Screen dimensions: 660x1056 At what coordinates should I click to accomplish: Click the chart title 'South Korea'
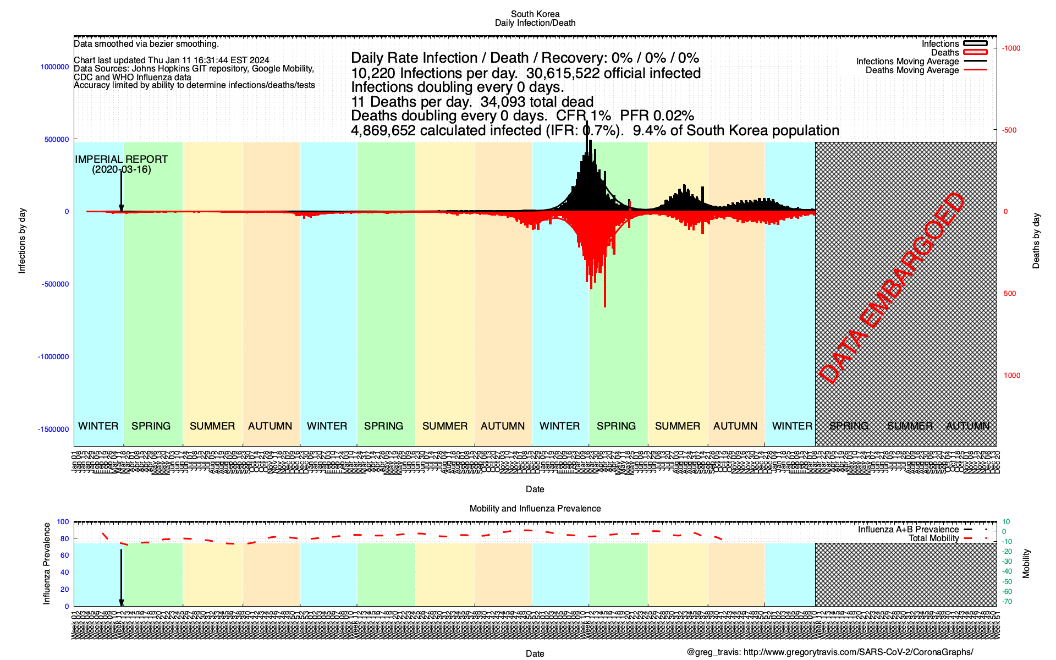click(x=535, y=14)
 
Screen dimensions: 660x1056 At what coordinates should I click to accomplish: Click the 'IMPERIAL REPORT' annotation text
click(x=122, y=159)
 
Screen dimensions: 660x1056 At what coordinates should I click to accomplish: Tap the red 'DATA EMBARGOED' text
click(x=892, y=288)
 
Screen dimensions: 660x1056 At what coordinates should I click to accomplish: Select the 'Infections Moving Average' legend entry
click(x=907, y=62)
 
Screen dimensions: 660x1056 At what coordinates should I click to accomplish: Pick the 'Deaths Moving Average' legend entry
click(x=912, y=70)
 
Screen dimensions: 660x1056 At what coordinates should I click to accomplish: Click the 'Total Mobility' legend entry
click(x=933, y=538)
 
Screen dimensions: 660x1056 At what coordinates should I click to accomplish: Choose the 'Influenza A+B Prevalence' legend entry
click(x=908, y=530)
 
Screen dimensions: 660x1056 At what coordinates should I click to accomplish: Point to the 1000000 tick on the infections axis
click(x=54, y=67)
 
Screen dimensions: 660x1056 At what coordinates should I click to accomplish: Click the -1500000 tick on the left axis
click(x=53, y=430)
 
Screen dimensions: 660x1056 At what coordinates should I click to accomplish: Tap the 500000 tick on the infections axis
click(x=57, y=140)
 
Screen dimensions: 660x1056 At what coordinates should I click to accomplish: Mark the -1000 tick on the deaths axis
click(x=1011, y=48)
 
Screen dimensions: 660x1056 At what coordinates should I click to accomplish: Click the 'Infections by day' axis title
click(x=22, y=240)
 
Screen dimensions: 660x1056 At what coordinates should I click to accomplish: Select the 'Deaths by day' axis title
click(x=1036, y=240)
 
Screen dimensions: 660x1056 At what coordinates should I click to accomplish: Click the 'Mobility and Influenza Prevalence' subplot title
click(x=535, y=509)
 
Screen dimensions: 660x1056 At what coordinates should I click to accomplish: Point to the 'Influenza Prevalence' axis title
click(x=47, y=564)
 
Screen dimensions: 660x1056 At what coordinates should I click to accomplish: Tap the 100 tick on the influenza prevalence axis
click(x=63, y=522)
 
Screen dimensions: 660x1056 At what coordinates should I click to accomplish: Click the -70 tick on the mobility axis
click(x=1007, y=602)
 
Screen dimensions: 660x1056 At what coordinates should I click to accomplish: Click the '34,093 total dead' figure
click(x=537, y=102)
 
